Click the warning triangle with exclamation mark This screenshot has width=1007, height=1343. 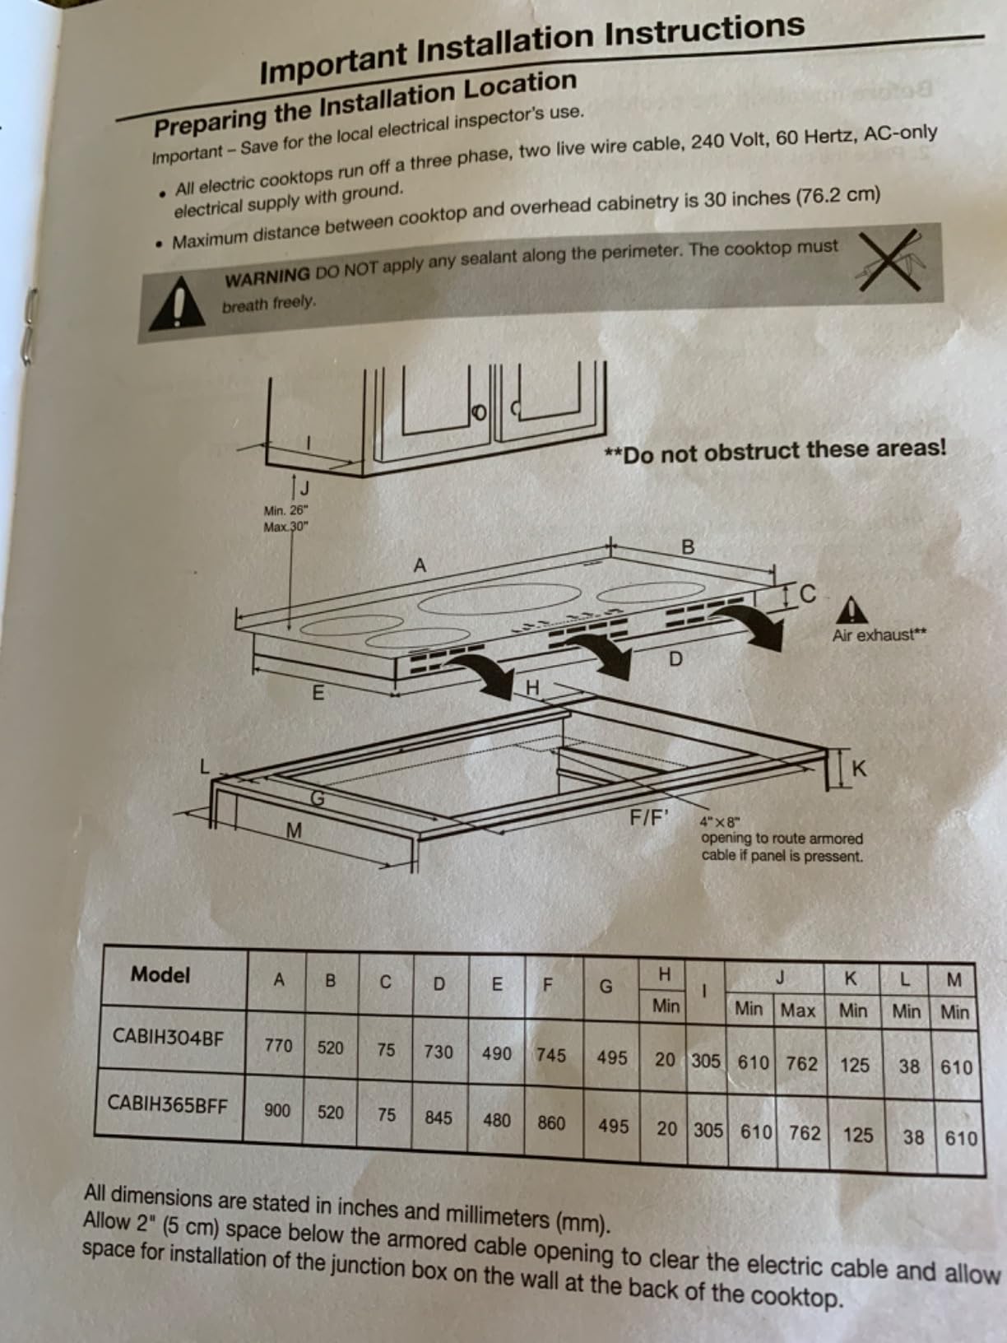178,304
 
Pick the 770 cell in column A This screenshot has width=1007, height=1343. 277,1045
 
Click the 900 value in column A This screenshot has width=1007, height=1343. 277,1110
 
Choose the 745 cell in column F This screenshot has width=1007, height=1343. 551,1054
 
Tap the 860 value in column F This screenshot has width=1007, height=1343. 551,1122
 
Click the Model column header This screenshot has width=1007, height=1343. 160,974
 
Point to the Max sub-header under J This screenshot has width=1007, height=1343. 798,1011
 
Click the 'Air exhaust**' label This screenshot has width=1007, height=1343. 879,635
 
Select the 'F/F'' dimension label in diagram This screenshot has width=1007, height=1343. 649,817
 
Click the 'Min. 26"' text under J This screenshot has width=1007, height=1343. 286,510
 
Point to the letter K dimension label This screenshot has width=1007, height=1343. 858,769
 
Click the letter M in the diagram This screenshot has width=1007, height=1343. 294,830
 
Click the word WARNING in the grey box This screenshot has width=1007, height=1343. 267,276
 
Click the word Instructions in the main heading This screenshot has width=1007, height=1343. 705,32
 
